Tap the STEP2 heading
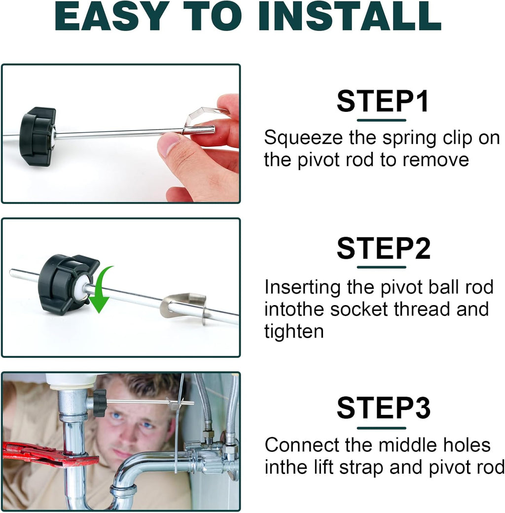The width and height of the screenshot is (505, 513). click(x=383, y=248)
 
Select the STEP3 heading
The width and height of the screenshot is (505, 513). click(x=383, y=408)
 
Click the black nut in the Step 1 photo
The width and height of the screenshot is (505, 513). click(x=36, y=136)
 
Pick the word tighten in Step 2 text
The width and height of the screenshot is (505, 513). click(x=294, y=332)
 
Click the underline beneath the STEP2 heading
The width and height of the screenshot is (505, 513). click(x=381, y=268)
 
